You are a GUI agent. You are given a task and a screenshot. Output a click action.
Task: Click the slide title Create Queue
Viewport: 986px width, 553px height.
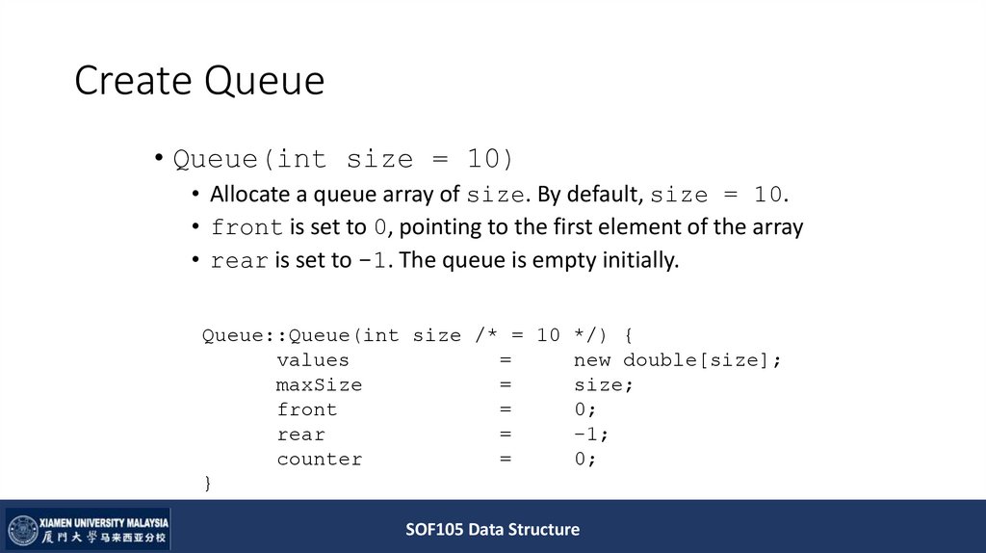click(x=199, y=82)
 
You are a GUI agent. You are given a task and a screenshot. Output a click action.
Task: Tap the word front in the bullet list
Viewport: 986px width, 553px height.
click(x=246, y=228)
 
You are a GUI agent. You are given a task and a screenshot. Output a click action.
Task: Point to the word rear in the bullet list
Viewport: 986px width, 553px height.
click(x=240, y=261)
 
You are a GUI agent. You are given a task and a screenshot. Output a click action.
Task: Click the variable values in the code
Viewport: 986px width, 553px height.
click(x=313, y=360)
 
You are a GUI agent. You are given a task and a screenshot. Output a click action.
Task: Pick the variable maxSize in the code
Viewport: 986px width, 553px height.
click(x=319, y=385)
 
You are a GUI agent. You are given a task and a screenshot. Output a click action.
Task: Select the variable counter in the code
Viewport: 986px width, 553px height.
click(x=319, y=460)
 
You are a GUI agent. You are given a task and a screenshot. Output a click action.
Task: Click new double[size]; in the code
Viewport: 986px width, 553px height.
click(x=678, y=360)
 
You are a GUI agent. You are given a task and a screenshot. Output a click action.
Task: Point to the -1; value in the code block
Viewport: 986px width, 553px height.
click(x=591, y=434)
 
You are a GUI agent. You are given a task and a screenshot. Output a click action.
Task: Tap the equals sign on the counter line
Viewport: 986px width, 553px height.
click(x=505, y=460)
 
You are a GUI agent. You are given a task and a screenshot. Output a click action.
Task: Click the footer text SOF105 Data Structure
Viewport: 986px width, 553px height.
click(x=492, y=529)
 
